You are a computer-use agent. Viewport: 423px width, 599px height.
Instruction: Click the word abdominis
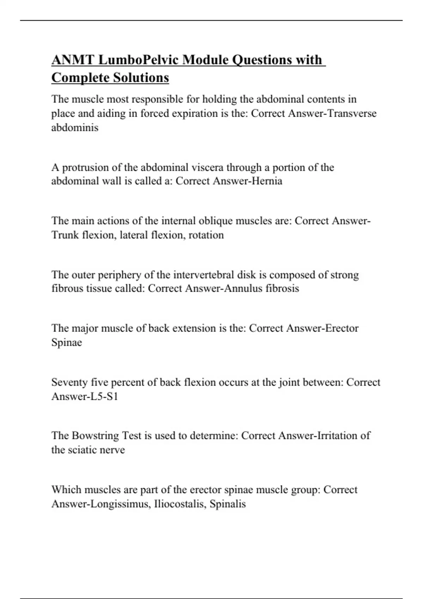coord(75,128)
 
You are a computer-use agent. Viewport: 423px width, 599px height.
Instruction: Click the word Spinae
coord(67,342)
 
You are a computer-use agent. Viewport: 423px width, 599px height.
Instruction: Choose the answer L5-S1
coord(104,396)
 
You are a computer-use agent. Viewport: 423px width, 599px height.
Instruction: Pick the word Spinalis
coord(228,504)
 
